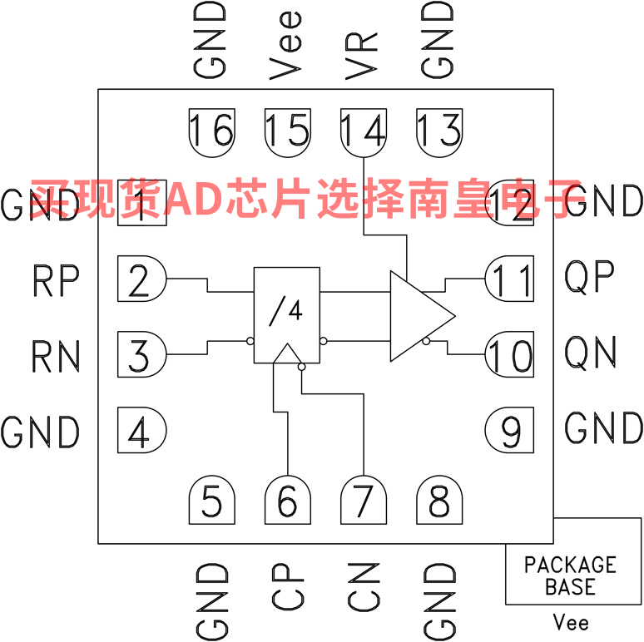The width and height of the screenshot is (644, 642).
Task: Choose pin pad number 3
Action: point(141,355)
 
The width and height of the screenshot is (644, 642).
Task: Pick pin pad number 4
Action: point(141,431)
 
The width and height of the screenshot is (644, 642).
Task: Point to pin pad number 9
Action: point(510,431)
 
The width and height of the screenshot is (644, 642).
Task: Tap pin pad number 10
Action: point(510,355)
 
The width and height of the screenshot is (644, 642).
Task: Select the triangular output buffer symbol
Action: point(416,316)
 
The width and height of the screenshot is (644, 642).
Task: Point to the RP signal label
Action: point(56,281)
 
